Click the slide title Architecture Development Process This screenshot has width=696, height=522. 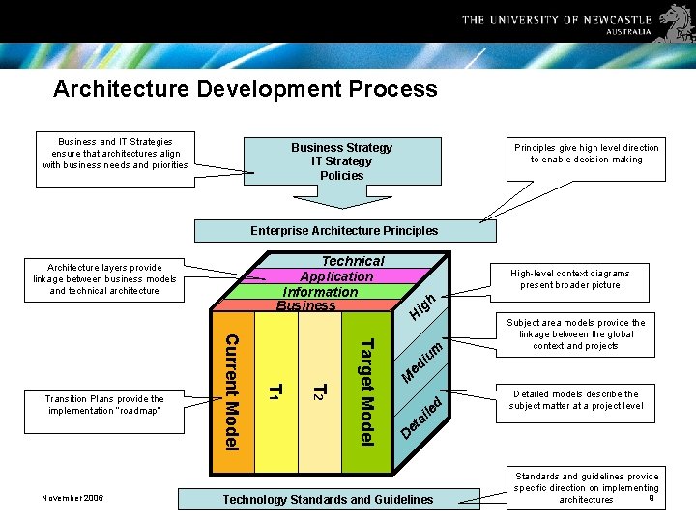point(246,90)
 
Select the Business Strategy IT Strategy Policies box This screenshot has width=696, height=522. point(341,161)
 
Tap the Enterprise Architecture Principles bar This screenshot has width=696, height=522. point(343,231)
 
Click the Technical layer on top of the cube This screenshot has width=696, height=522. point(353,261)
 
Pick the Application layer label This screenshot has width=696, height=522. point(335,276)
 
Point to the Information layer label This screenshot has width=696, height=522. point(320,292)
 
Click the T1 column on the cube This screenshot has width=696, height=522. point(275,391)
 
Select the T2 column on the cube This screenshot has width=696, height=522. point(319,391)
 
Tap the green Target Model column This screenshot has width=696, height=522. point(366,391)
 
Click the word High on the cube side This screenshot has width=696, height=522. point(421,304)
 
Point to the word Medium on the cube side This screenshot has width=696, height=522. point(421,361)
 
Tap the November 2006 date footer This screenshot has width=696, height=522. point(72,498)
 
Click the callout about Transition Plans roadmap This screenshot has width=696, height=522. point(104,404)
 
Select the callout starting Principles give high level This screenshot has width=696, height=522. point(586,154)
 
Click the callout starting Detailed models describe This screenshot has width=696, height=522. point(575,400)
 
